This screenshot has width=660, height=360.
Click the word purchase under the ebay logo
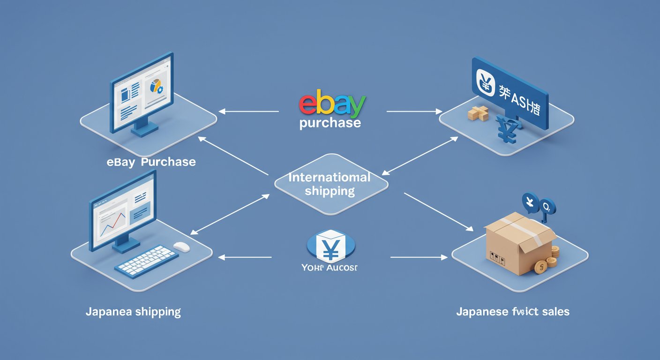pos(330,123)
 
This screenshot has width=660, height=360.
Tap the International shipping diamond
pos(330,184)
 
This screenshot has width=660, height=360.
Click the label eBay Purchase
pos(151,162)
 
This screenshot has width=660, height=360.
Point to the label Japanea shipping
pos(133,312)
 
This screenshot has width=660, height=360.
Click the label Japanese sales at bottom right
pos(513,311)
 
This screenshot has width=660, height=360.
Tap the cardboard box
pos(516,244)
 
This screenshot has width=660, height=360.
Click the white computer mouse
pos(181,247)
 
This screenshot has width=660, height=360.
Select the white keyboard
pos(146,261)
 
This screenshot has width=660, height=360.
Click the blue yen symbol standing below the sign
pos(508,131)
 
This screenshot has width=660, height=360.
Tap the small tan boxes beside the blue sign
pos(478,113)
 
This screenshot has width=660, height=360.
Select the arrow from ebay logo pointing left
pos(248,112)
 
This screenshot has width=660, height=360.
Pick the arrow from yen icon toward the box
pos(418,257)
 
